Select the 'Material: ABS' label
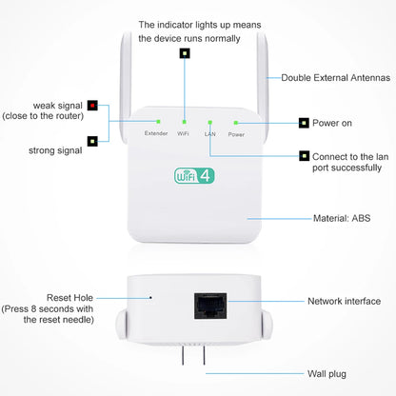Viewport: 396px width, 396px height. pyautogui.click(x=342, y=218)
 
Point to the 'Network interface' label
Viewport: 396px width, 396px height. pyautogui.click(x=344, y=301)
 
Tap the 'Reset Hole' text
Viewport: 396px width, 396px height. pyautogui.click(x=71, y=298)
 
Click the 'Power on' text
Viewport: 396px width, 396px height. pyautogui.click(x=340, y=123)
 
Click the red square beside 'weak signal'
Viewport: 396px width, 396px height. pyautogui.click(x=92, y=104)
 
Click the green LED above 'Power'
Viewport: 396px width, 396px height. pyautogui.click(x=236, y=122)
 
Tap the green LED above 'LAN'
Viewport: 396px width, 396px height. pyautogui.click(x=209, y=122)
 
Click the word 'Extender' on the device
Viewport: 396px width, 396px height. pyautogui.click(x=156, y=134)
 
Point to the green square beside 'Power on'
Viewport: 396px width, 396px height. pyautogui.click(x=303, y=123)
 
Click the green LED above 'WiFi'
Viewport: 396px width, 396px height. pyautogui.click(x=183, y=122)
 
